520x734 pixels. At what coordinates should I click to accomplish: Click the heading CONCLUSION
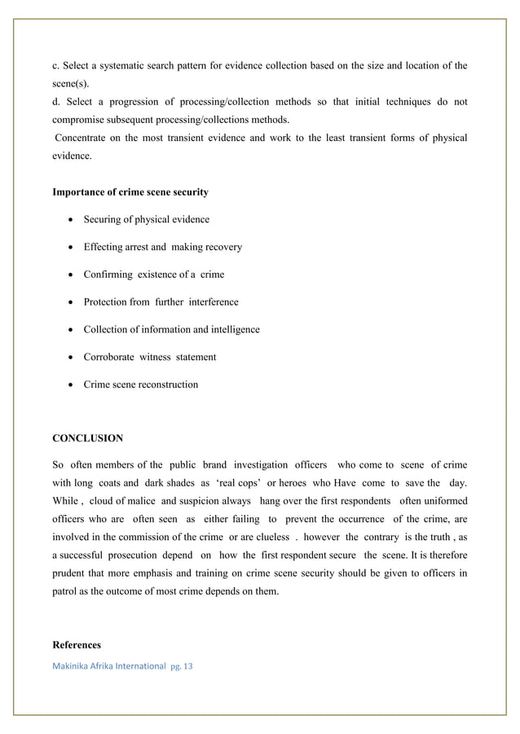click(x=87, y=438)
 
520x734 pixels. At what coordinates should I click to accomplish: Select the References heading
click(x=77, y=644)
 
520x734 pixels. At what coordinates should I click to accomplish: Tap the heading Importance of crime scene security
click(x=130, y=192)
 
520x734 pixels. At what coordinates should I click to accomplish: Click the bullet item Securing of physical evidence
click(x=146, y=219)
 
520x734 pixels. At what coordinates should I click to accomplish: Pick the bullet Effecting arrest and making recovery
click(x=162, y=247)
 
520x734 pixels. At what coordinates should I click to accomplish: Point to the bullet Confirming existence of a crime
click(x=153, y=275)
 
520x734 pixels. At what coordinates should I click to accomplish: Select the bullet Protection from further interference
click(x=161, y=301)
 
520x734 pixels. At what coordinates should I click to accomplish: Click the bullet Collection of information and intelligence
click(x=171, y=329)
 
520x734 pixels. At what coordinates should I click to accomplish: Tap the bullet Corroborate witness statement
click(x=150, y=357)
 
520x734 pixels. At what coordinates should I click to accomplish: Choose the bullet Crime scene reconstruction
click(x=140, y=385)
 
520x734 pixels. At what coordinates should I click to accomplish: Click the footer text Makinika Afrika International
click(x=108, y=666)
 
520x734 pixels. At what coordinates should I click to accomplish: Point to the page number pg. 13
click(x=182, y=666)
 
